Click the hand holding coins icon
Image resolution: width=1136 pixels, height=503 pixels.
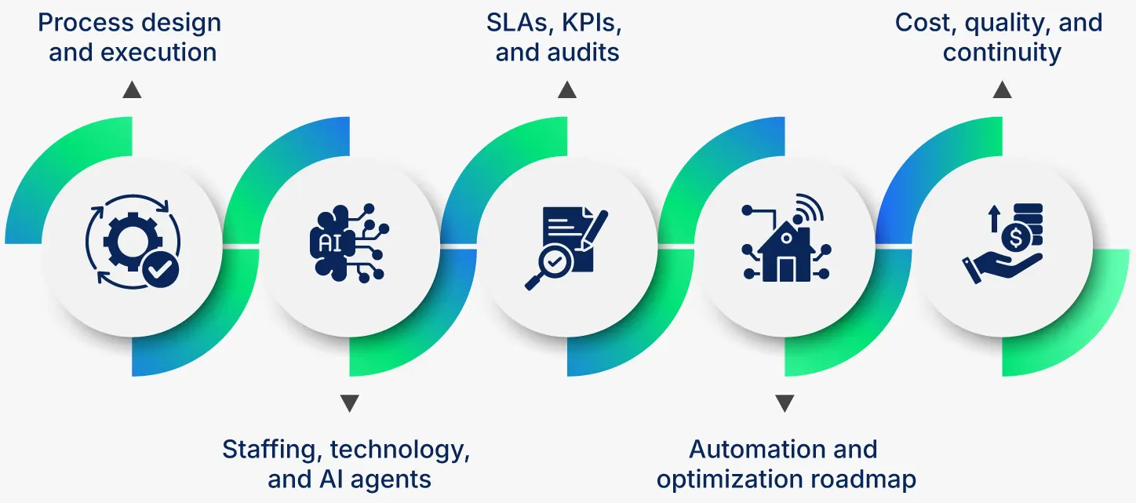(x=1002, y=245)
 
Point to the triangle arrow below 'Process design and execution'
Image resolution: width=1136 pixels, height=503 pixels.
(x=132, y=90)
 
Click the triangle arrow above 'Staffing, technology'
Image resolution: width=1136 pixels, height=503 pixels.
(x=350, y=403)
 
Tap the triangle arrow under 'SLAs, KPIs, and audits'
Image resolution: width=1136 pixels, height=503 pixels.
(x=567, y=90)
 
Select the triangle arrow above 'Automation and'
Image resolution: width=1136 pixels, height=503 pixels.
(x=785, y=403)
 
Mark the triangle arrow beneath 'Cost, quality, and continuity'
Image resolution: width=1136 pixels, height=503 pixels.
(x=1002, y=90)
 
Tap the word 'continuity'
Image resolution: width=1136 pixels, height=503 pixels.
(x=1002, y=53)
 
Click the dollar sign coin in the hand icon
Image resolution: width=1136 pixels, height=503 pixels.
(x=1016, y=236)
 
